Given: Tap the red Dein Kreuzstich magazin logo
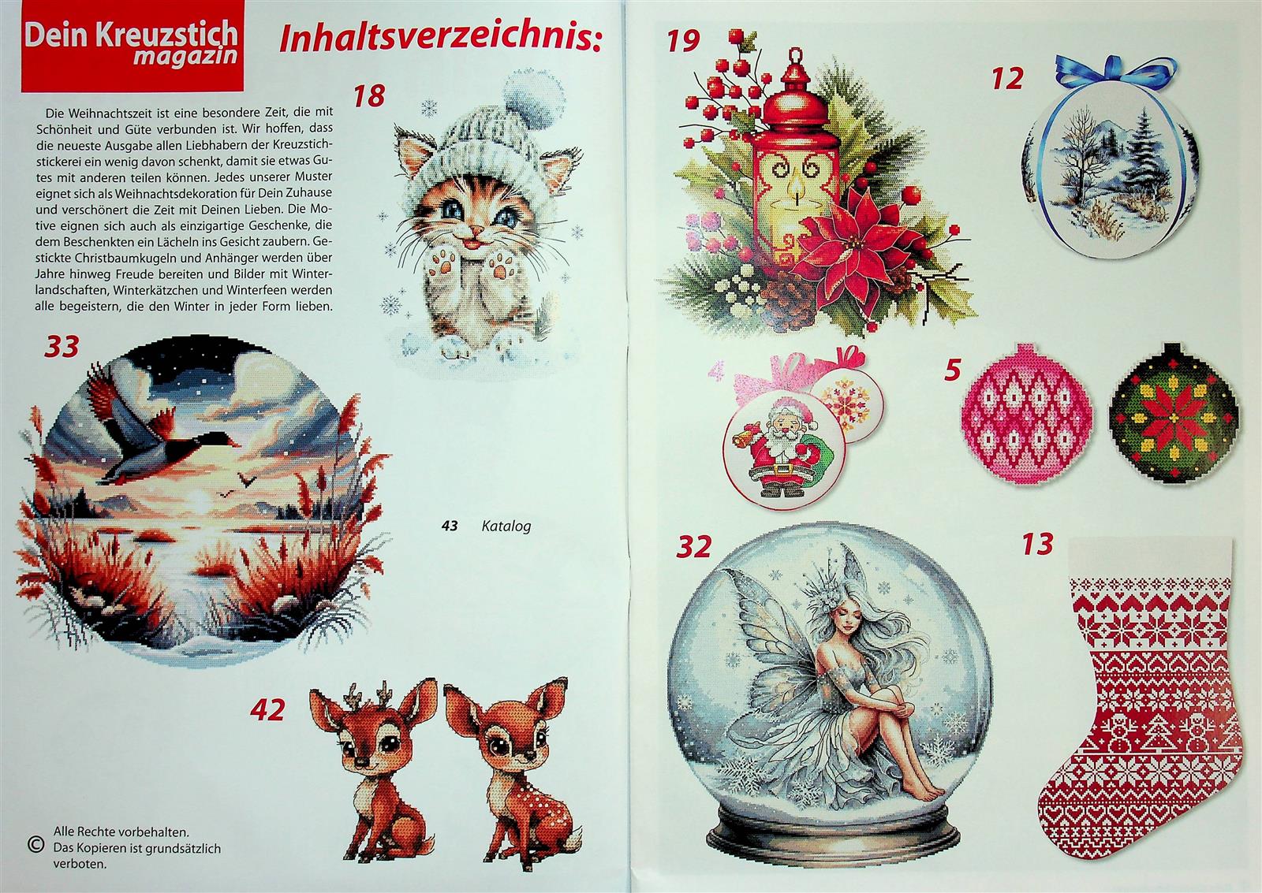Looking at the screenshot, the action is tap(133, 47).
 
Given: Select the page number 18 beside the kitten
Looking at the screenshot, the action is tap(369, 95).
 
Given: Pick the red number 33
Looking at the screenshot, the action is tap(62, 347).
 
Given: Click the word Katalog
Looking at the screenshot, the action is tap(506, 526).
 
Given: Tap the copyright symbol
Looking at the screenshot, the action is tap(35, 845).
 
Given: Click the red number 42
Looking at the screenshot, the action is tap(267, 711).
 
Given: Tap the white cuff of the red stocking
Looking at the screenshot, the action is tap(1149, 558).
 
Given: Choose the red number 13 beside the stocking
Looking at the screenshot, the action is tap(1038, 545).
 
